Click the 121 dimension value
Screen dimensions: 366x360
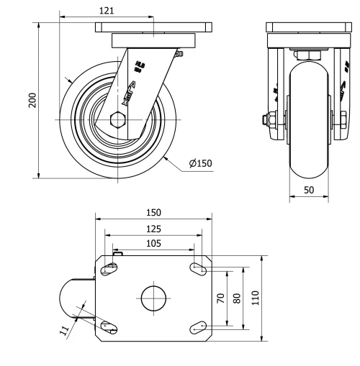[106, 10]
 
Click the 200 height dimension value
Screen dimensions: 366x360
[32, 99]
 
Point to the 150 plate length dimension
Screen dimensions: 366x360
[153, 212]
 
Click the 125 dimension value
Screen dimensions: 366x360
[153, 229]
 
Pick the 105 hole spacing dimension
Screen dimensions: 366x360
[153, 244]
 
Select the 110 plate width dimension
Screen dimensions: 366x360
[255, 298]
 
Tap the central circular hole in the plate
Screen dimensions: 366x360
[153, 298]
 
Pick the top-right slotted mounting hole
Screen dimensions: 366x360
[198, 268]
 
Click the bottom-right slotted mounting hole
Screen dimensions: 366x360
[198, 328]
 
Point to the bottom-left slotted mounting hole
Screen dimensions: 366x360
[110, 326]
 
